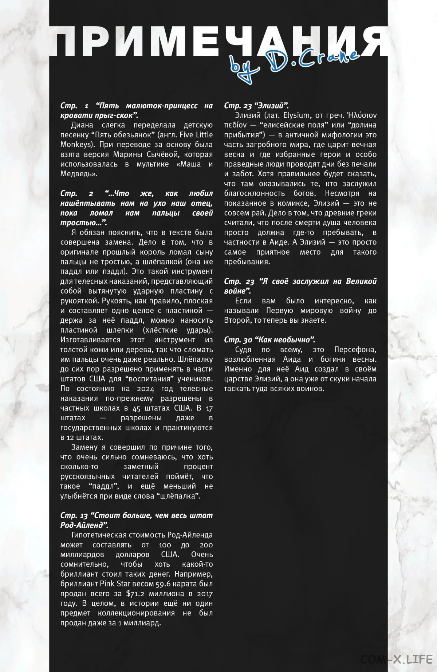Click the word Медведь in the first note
click(78, 174)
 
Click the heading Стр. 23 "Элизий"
click(256, 106)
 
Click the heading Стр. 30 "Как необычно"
click(269, 340)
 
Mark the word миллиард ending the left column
click(142, 623)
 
